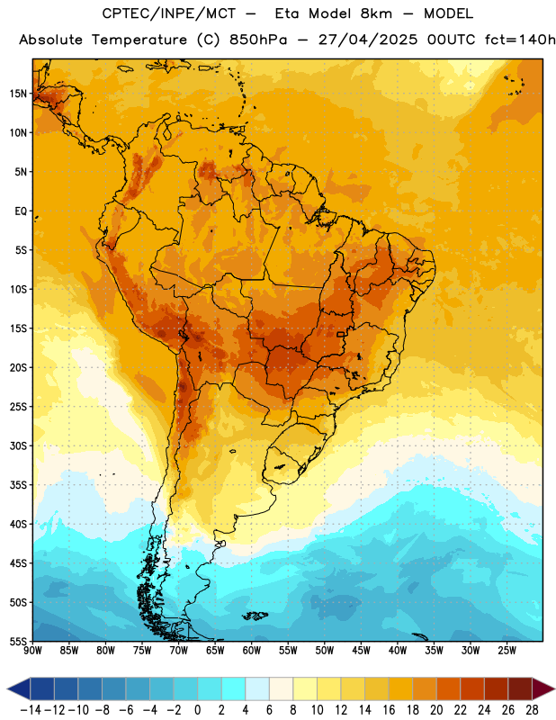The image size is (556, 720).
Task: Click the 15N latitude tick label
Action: click(x=18, y=94)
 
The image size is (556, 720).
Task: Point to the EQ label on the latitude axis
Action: click(x=21, y=211)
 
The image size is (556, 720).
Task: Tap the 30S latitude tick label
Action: click(x=18, y=445)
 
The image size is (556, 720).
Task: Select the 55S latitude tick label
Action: click(x=18, y=642)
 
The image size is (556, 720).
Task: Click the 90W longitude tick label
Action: click(x=32, y=651)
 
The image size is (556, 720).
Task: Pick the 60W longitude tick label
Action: click(x=252, y=651)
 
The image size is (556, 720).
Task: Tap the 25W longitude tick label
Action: click(x=507, y=651)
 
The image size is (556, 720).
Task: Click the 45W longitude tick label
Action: click(x=361, y=651)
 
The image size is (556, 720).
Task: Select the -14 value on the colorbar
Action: click(x=31, y=710)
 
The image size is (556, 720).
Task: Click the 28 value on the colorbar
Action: click(x=532, y=710)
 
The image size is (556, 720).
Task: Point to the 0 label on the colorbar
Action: click(x=197, y=710)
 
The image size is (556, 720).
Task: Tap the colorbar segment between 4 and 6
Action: click(x=257, y=688)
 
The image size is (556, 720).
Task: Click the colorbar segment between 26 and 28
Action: click(x=520, y=688)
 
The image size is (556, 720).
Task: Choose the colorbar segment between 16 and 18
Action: click(x=401, y=688)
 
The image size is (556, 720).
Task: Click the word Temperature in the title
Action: click(x=139, y=40)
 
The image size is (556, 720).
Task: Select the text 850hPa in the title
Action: click(x=258, y=40)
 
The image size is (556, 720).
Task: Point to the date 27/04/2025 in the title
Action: click(x=368, y=40)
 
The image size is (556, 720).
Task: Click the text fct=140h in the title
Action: click(x=520, y=40)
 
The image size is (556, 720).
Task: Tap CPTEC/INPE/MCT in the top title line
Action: click(x=168, y=13)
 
